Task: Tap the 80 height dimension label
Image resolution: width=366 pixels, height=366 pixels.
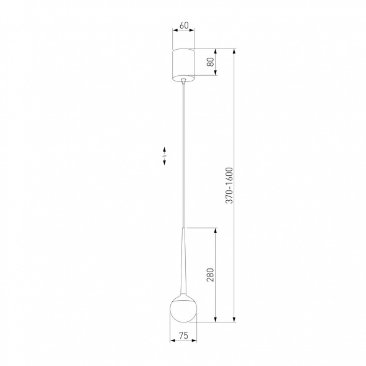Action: pos(211,62)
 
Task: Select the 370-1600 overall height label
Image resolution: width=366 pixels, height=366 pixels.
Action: pos(229,185)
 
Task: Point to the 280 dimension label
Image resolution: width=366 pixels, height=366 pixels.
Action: pos(210,275)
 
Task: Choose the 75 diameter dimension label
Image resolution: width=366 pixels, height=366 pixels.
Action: pos(183,335)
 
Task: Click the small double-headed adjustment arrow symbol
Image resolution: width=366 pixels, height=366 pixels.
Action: pos(164,155)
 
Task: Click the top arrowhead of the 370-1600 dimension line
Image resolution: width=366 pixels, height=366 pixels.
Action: pos(234,50)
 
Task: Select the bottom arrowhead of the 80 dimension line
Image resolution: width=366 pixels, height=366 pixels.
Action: pos(216,74)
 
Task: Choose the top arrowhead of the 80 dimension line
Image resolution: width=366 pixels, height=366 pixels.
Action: pos(216,50)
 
